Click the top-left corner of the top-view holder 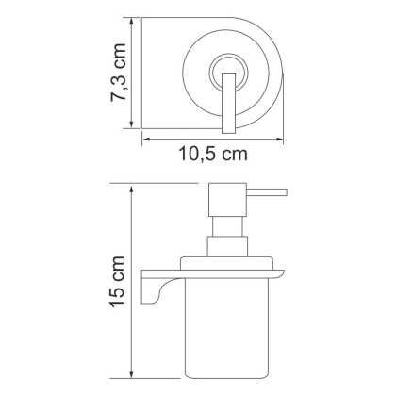pyautogui.click(x=144, y=17)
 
